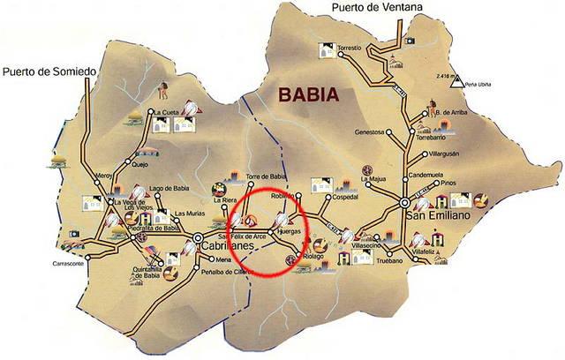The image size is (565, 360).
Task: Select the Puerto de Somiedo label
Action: [x=43, y=71]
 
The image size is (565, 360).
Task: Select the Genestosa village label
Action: [x=368, y=132]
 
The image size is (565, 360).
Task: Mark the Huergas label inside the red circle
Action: [x=289, y=230]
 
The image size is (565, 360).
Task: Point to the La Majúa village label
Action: [x=377, y=180]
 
